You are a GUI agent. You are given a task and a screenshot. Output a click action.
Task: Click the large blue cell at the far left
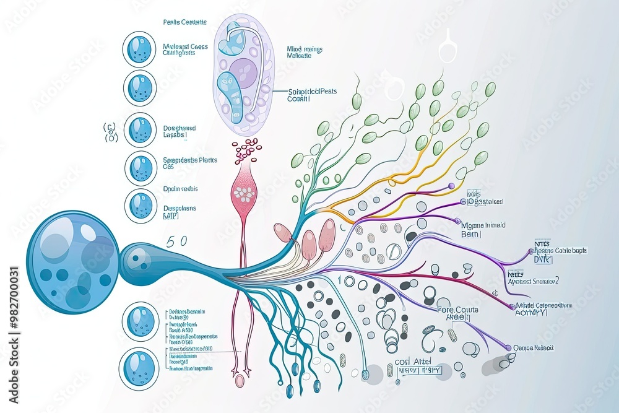pyautogui.click(x=73, y=261)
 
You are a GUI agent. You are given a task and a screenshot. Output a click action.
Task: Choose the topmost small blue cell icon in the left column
pyautogui.click(x=140, y=50)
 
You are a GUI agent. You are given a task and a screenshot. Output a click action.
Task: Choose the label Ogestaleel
pyautogui.click(x=485, y=201)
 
